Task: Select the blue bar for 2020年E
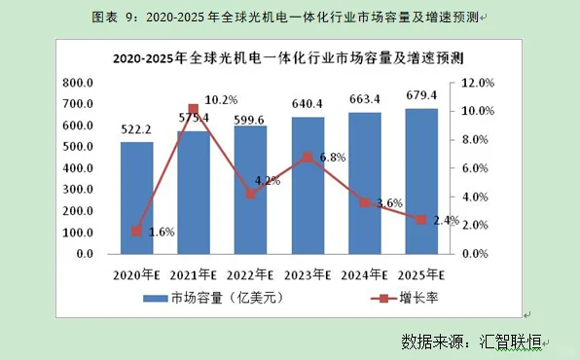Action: click(137, 198)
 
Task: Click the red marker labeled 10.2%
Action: click(194, 109)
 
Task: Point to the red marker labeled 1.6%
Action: click(137, 232)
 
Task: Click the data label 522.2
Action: click(137, 129)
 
